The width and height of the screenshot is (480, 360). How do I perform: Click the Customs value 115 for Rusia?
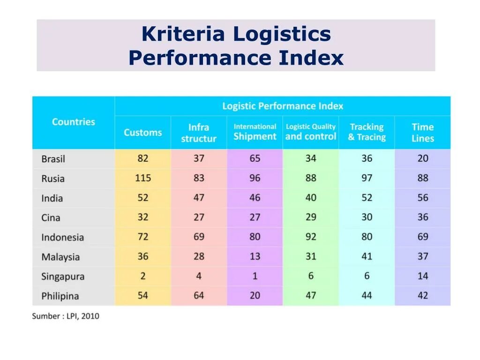pyautogui.click(x=142, y=178)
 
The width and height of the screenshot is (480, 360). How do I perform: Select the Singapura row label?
pyautogui.click(x=63, y=277)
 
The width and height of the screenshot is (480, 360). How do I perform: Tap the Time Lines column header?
pyautogui.click(x=422, y=133)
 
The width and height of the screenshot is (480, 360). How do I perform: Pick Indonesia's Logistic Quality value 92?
pyautogui.click(x=310, y=237)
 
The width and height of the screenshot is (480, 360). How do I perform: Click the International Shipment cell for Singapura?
pyautogui.click(x=255, y=276)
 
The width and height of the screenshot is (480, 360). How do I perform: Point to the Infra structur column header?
pyautogui.click(x=199, y=133)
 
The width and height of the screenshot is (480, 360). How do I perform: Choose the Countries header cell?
pyautogui.click(x=73, y=122)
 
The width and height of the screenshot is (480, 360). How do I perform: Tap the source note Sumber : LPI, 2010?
pyautogui.click(x=66, y=316)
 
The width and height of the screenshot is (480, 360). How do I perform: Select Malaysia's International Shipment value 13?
pyautogui.click(x=255, y=256)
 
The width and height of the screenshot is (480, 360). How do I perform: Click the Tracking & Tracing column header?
pyautogui.click(x=367, y=132)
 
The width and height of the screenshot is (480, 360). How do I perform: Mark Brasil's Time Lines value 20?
pyautogui.click(x=422, y=158)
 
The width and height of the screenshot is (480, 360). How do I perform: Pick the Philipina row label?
pyautogui.click(x=60, y=296)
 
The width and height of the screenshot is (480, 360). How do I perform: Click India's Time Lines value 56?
pyautogui.click(x=422, y=198)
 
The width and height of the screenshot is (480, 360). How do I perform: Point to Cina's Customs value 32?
pyautogui.click(x=142, y=217)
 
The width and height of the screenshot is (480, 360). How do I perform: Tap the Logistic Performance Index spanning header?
pyautogui.click(x=283, y=106)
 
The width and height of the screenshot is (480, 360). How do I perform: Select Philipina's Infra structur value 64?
pyautogui.click(x=199, y=295)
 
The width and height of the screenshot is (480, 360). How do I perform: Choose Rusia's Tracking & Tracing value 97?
pyautogui.click(x=367, y=178)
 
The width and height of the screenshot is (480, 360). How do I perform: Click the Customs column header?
pyautogui.click(x=142, y=133)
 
